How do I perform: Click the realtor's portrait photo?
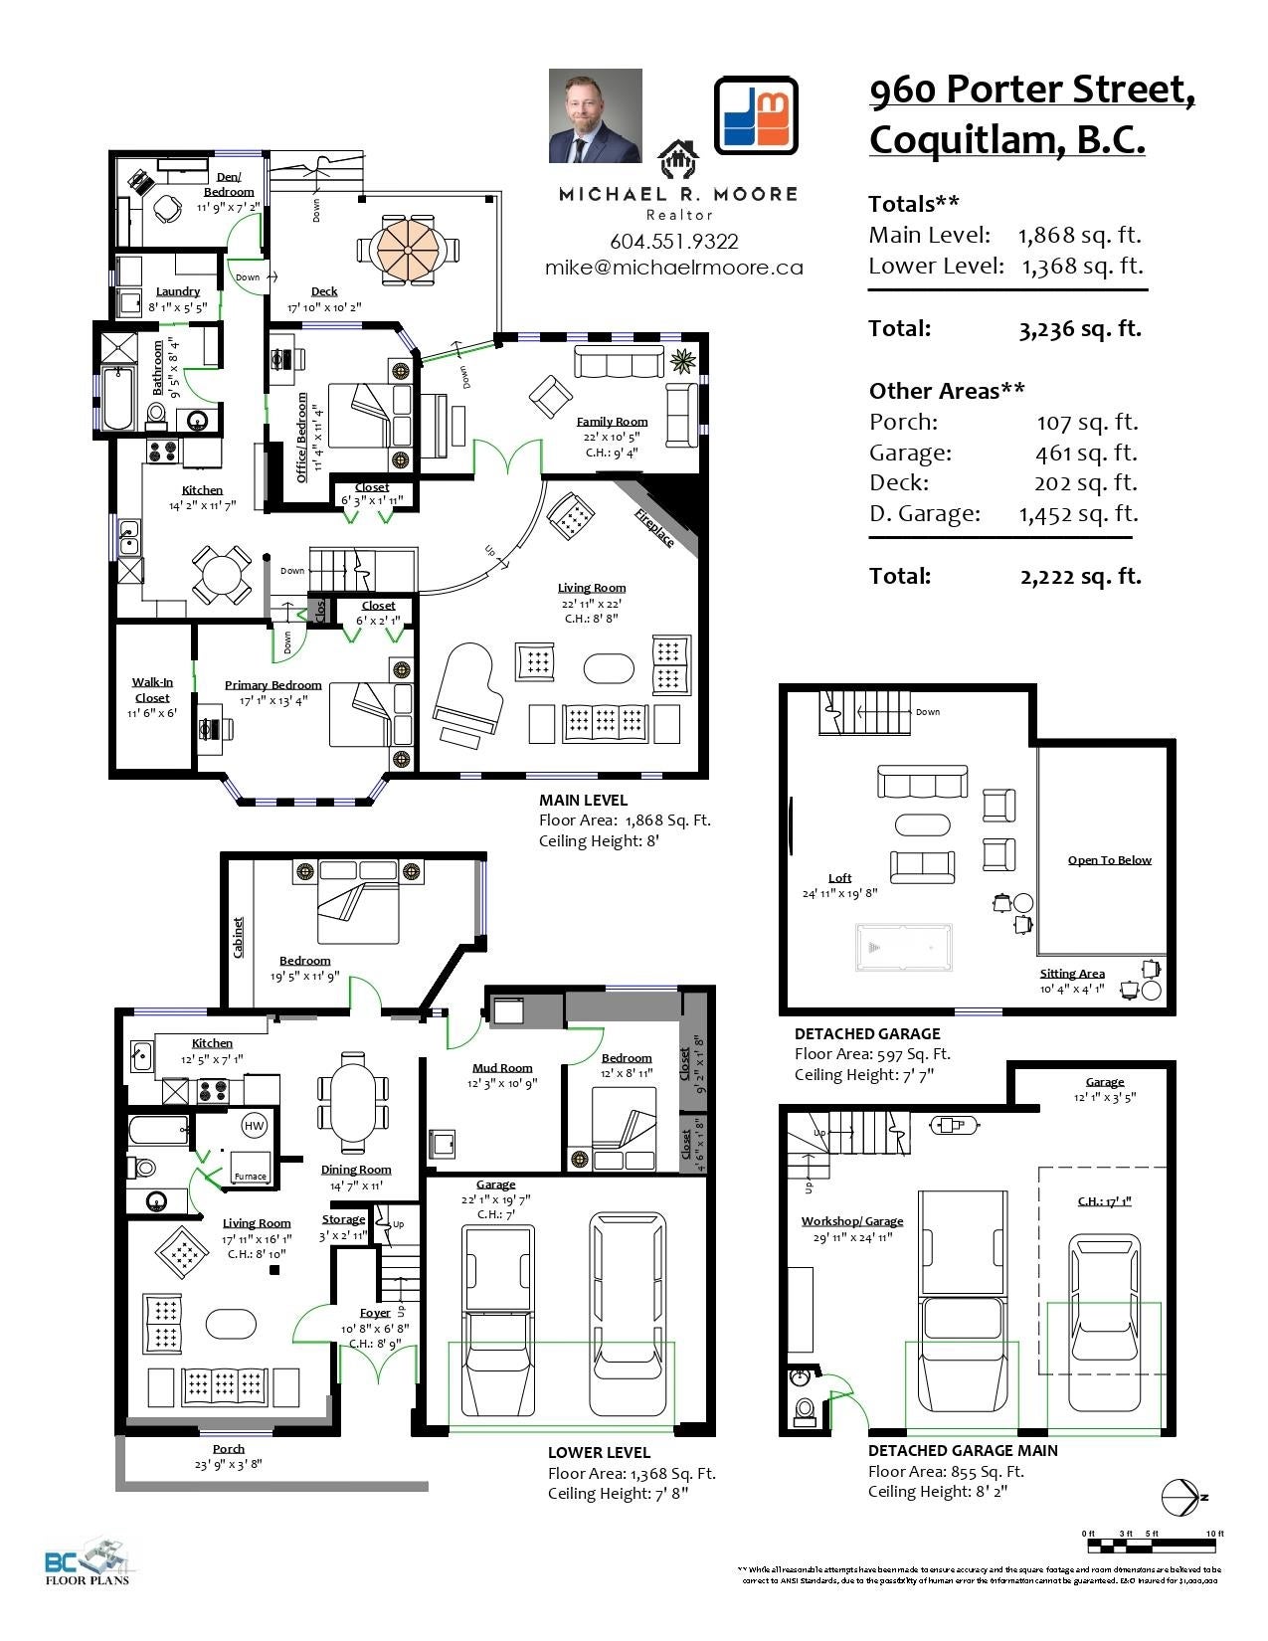[595, 115]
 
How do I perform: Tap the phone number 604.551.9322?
[673, 242]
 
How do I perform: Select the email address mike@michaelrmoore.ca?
[673, 268]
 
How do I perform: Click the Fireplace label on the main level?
[654, 527]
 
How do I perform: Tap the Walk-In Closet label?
[152, 689]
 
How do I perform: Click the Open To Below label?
[1109, 860]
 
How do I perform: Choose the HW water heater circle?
[255, 1126]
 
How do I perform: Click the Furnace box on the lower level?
[250, 1166]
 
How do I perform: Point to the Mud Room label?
[501, 1067]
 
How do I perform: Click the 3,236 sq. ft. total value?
[1079, 329]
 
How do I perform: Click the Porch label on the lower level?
[228, 1449]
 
